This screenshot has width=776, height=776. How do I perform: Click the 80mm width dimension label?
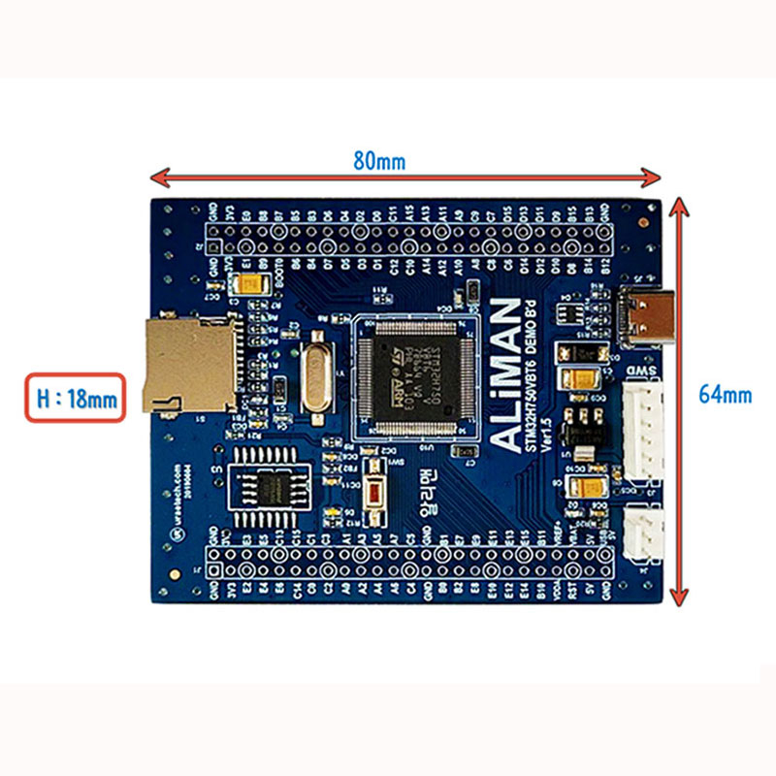pyautogui.click(x=378, y=161)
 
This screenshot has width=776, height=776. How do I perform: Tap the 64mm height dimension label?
pyautogui.click(x=725, y=395)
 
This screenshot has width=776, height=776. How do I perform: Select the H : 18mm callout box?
pyautogui.click(x=76, y=398)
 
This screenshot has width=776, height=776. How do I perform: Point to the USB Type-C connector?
pyautogui.click(x=643, y=319)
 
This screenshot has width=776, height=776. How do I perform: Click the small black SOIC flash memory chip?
pyautogui.click(x=270, y=485)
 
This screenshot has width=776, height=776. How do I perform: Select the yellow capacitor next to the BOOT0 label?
pyautogui.click(x=251, y=284)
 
